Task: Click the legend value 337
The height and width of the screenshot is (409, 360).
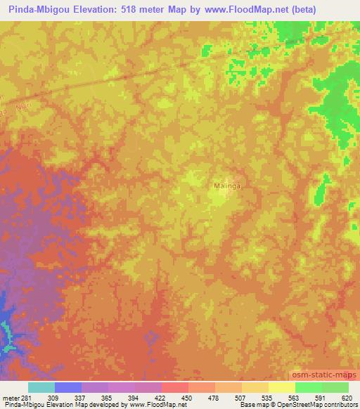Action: pos(67,397)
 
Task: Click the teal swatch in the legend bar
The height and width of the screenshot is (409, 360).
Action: pos(41,387)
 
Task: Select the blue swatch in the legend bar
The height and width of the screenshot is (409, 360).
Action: pos(68,387)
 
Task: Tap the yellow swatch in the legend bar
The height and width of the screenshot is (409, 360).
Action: pos(282,387)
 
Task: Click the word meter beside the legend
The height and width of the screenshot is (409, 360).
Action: pos(10,397)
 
